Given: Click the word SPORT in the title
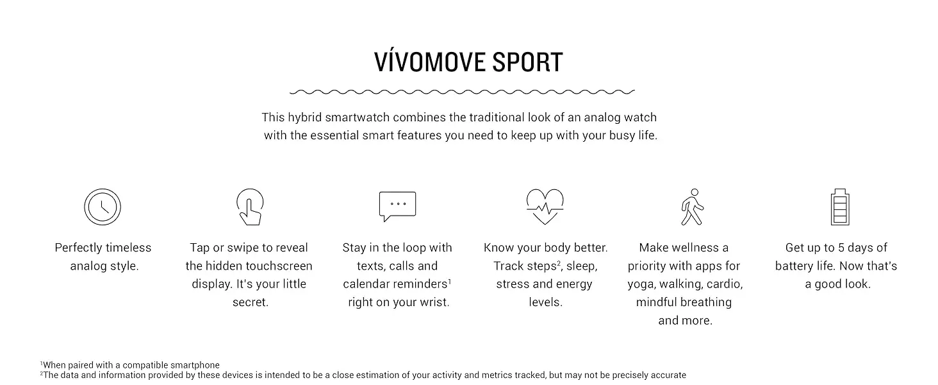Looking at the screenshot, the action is point(527,62).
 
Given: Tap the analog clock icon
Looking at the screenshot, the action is point(103,207).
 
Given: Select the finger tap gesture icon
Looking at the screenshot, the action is point(250,207).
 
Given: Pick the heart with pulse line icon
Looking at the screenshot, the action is point(545,207).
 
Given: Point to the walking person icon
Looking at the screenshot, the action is point(692,207).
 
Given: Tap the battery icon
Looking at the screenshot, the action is point(840,207).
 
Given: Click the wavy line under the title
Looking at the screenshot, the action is point(463,92).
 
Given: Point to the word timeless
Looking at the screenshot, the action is point(129,248).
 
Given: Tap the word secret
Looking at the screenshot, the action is point(251,302).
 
